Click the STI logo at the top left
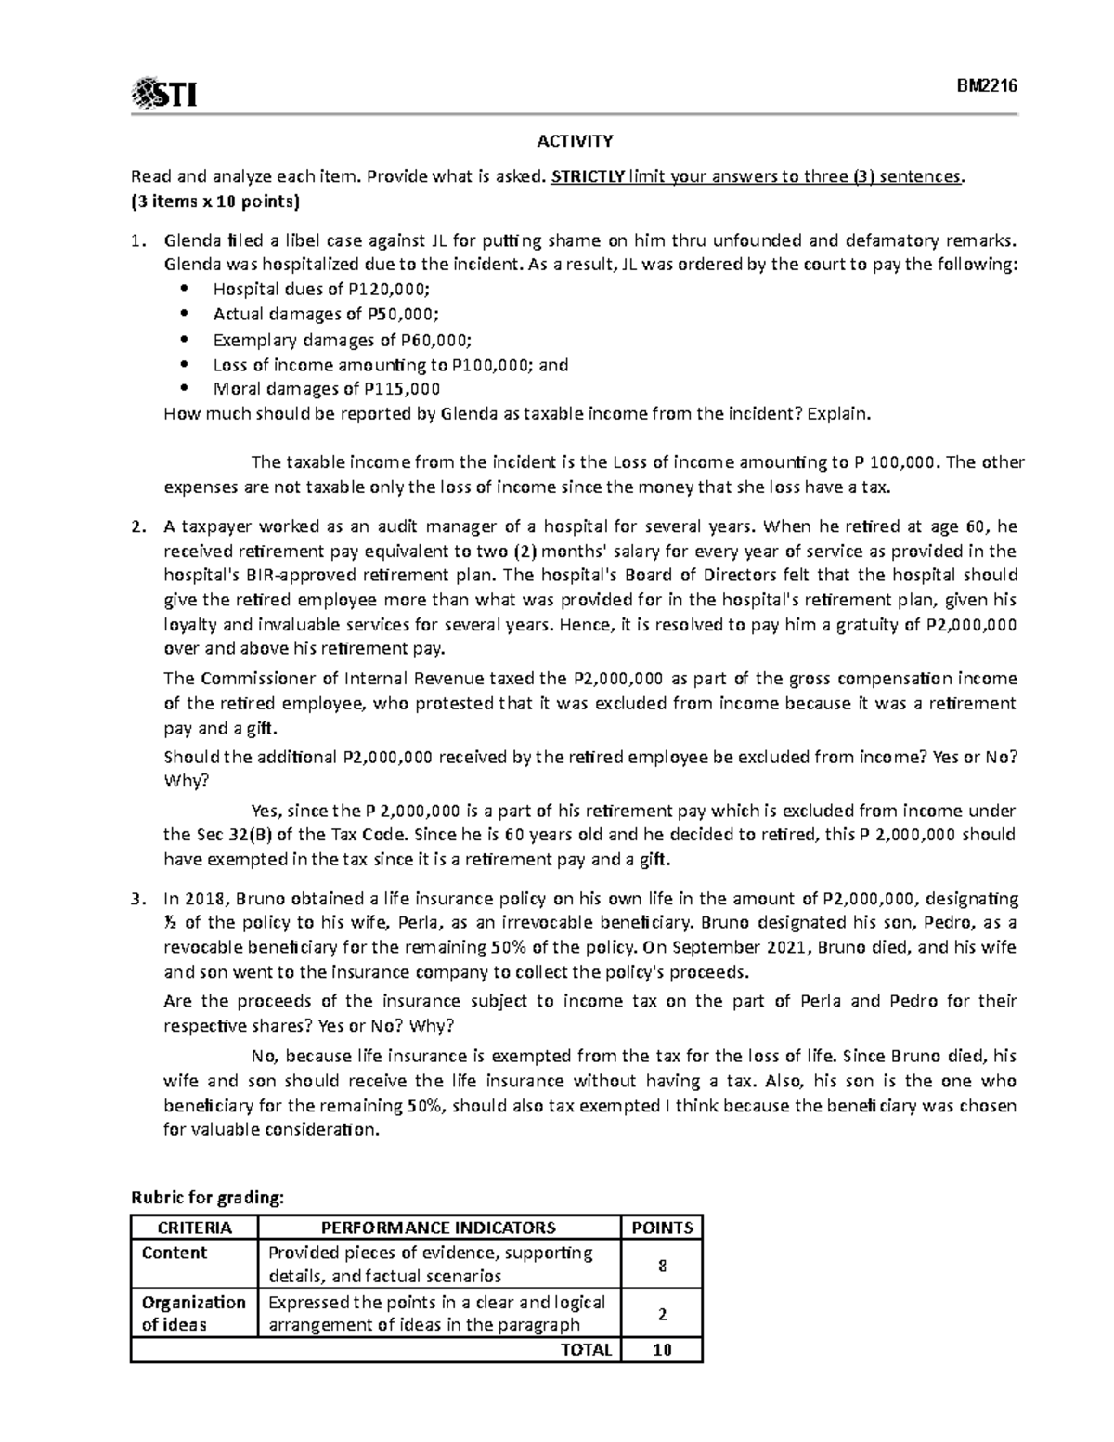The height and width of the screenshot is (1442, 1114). pos(165,94)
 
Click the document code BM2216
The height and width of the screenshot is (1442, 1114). pos(988,85)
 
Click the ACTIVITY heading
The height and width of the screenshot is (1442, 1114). pos(575,141)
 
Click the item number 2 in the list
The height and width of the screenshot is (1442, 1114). pos(138,526)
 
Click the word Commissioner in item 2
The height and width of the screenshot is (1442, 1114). pos(252,678)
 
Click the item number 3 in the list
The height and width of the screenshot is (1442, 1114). pos(138,898)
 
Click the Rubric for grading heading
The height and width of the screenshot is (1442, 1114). pos(206,1198)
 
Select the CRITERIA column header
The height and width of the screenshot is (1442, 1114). pos(194,1228)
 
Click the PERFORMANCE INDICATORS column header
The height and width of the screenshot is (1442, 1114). pos(438,1228)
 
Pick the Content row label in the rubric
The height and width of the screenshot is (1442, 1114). pos(174,1253)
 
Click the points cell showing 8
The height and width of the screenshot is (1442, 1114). pos(662,1265)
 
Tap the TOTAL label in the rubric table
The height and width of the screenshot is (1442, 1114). pos(586,1349)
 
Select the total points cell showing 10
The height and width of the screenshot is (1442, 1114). pos(662,1349)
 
